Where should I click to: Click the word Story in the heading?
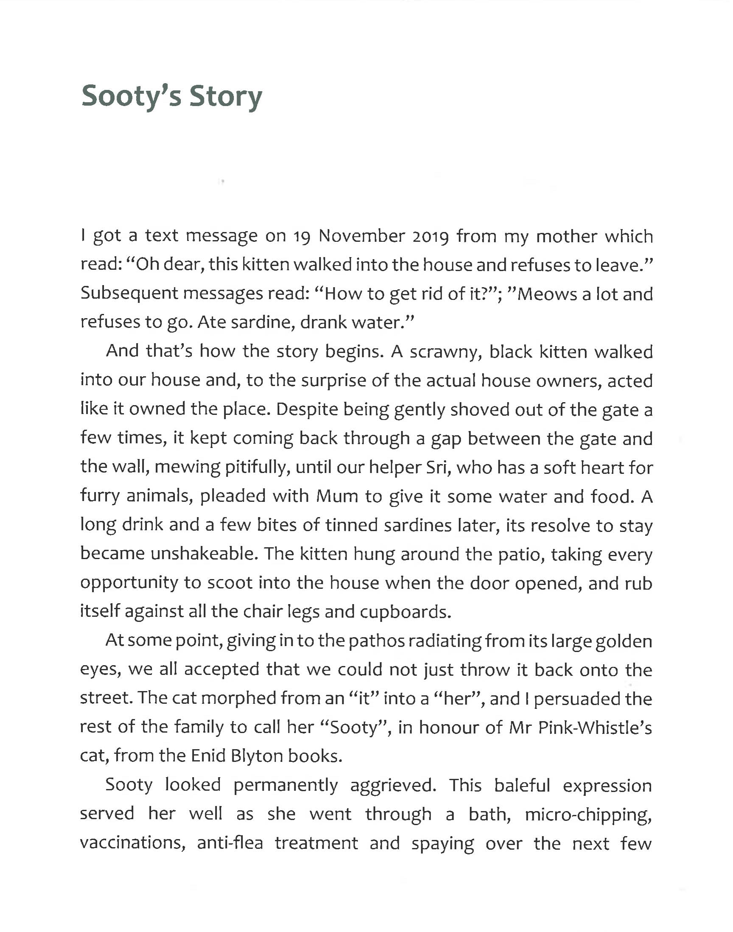(225, 97)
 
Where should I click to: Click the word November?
(362, 236)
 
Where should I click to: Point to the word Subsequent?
(129, 294)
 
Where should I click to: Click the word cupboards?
(405, 612)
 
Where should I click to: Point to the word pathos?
(376, 641)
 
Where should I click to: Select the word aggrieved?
(393, 786)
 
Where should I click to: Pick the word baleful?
(522, 786)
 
